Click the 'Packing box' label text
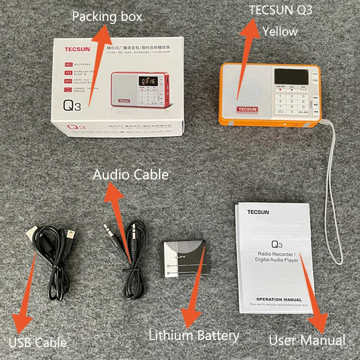[x=107, y=18]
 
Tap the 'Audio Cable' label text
[x=130, y=175]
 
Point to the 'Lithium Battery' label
[x=194, y=335]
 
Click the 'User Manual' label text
[x=307, y=340]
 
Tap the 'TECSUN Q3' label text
[x=281, y=10]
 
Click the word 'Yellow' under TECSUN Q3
[x=280, y=31]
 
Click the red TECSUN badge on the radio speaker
[x=247, y=109]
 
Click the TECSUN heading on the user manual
[x=258, y=211]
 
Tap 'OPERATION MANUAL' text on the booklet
[x=279, y=299]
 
